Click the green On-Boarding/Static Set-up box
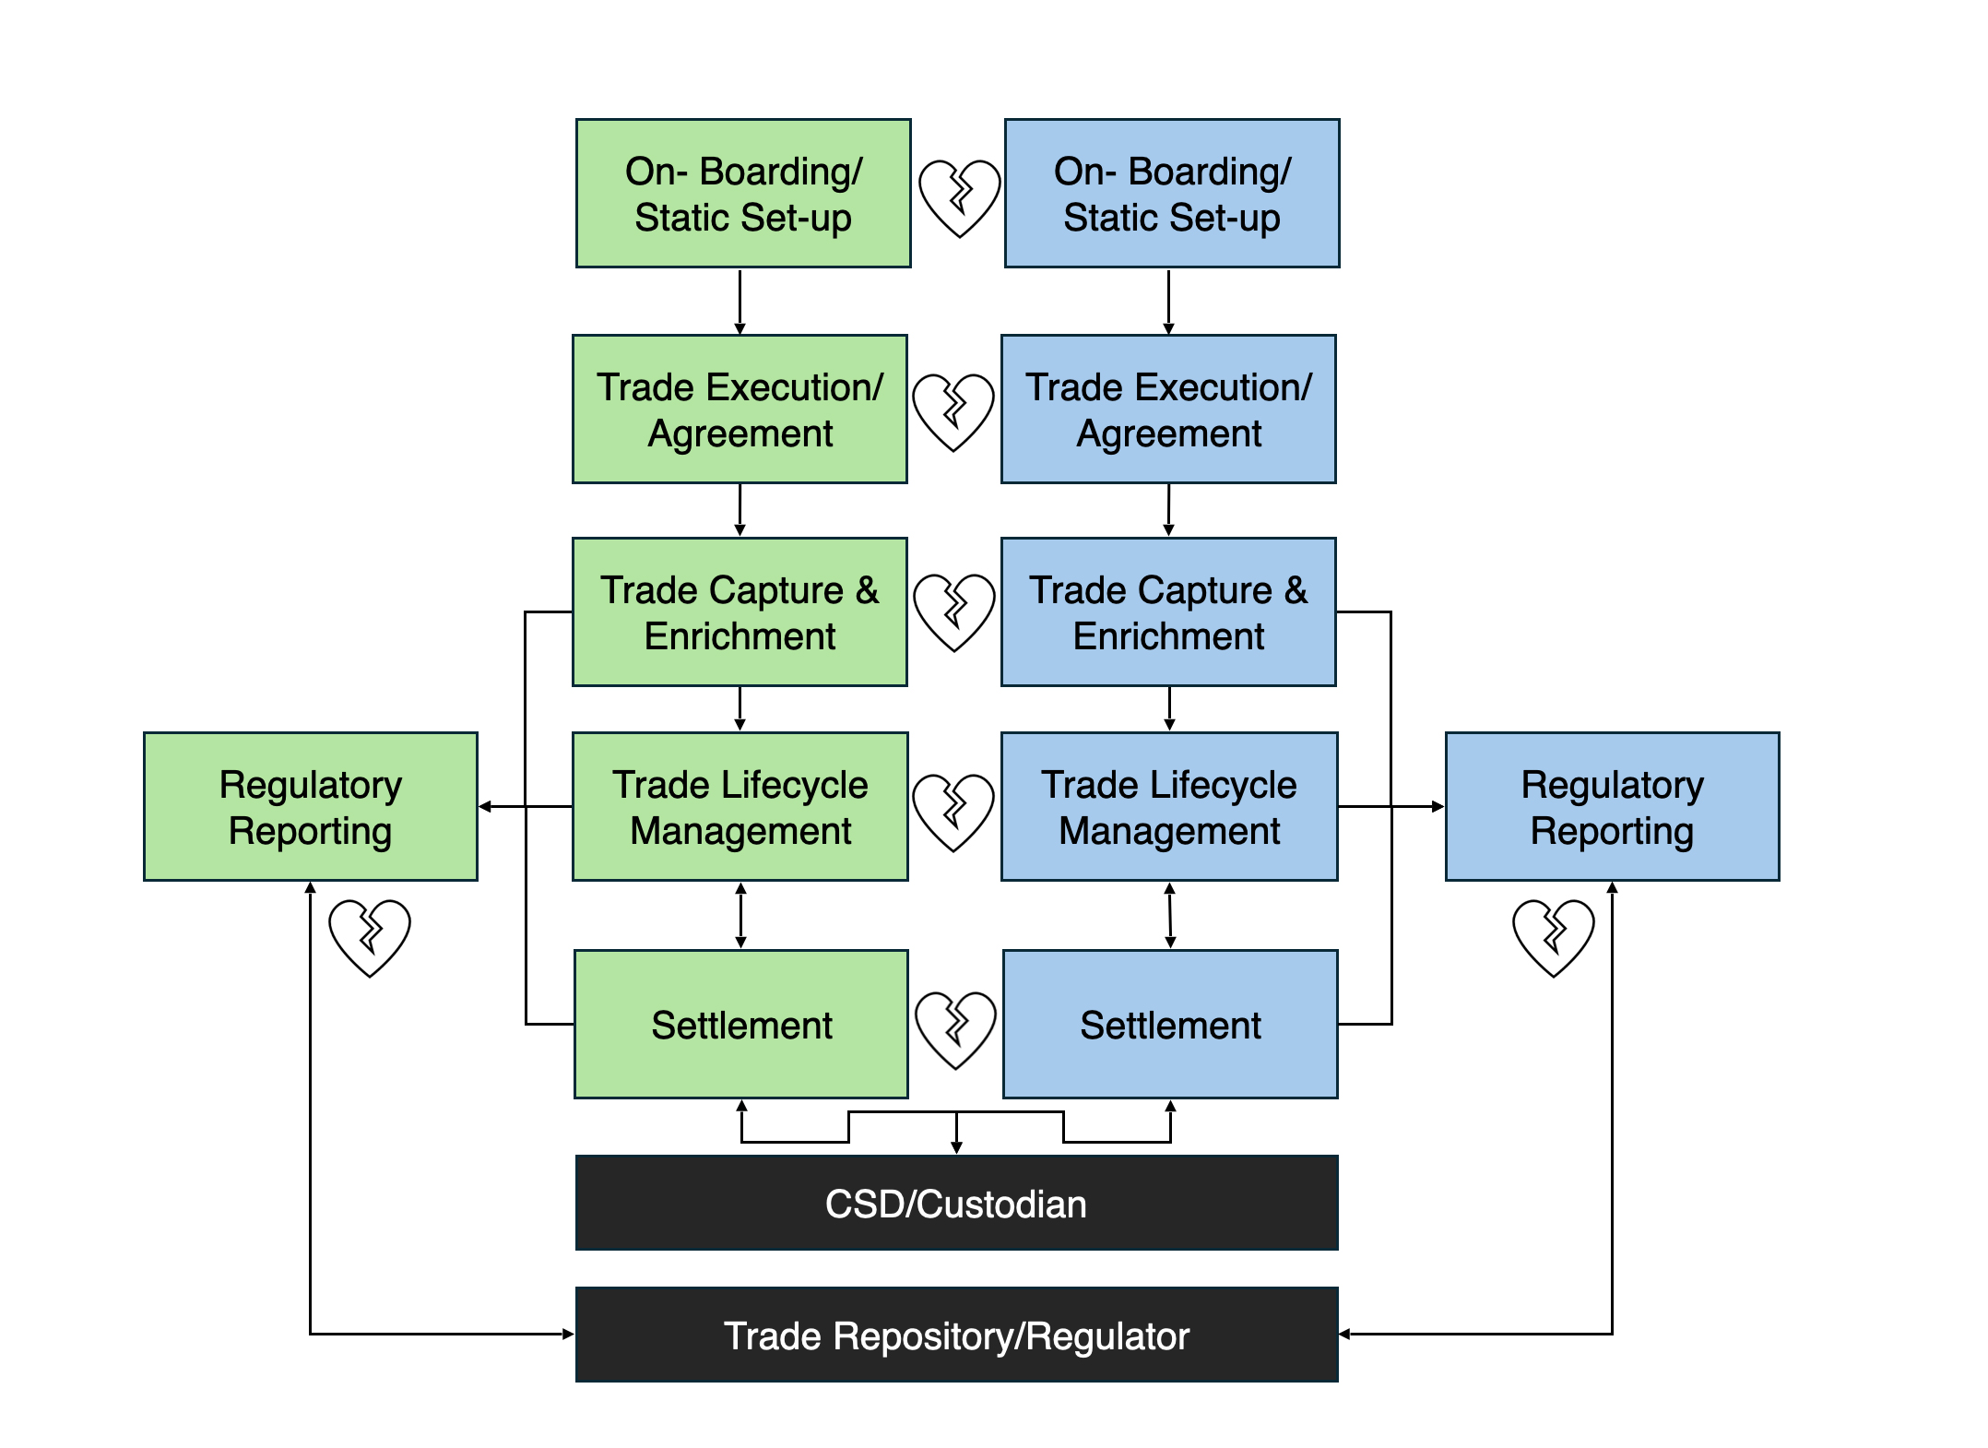(743, 194)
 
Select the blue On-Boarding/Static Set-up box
(1171, 194)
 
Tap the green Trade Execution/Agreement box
(740, 409)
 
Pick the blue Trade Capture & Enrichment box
(1168, 612)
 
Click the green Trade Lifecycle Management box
(740, 807)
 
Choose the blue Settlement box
(1170, 1025)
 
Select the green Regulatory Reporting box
(311, 807)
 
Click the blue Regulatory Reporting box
(1612, 807)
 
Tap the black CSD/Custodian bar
(956, 1204)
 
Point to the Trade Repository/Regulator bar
(956, 1335)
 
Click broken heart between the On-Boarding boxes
(959, 197)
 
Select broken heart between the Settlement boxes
(955, 1029)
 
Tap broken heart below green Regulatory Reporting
(370, 937)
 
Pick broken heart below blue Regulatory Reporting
(1554, 937)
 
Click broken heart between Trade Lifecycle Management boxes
(953, 812)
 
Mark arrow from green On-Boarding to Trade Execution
(740, 302)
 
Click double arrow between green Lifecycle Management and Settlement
(740, 916)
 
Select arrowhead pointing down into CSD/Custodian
(957, 1147)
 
